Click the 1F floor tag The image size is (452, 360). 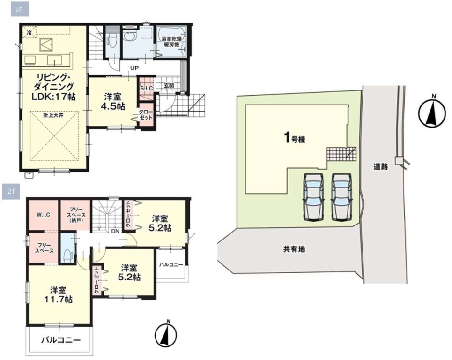pos(19,10)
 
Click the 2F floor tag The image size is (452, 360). pos(11,191)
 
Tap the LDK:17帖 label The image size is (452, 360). pos(53,97)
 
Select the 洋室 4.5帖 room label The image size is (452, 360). pos(113,102)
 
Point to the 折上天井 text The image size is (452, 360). pos(53,115)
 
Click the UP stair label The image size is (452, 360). pos(134,68)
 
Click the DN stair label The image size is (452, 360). pos(115,231)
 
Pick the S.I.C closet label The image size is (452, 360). pos(147,89)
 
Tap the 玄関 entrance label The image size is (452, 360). pos(169,86)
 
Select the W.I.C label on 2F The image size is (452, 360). pos(43,215)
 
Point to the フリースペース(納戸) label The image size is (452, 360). pos(76,215)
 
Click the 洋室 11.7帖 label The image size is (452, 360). pos(58,294)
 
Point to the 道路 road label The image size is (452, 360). pos(380,166)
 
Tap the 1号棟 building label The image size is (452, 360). pos(295,138)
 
